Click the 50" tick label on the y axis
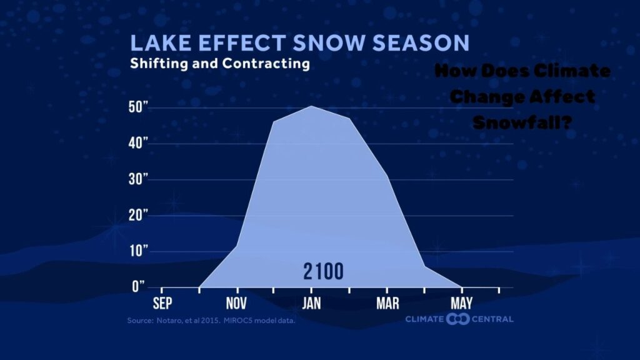click(138, 107)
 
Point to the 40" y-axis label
click(138, 144)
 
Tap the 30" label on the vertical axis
click(138, 179)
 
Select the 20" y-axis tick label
click(138, 215)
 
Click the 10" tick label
click(138, 251)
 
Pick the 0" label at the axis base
click(141, 286)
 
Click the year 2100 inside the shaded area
click(323, 272)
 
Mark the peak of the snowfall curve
click(311, 106)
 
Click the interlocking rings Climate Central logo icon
click(458, 319)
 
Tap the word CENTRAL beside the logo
click(493, 319)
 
